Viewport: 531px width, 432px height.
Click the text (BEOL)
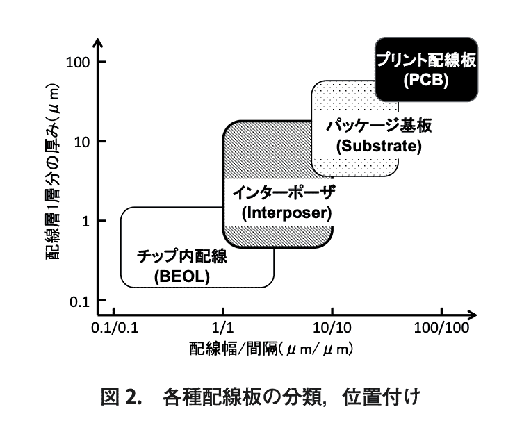pyautogui.click(x=182, y=278)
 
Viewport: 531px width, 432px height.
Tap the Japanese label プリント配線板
pyautogui.click(x=426, y=60)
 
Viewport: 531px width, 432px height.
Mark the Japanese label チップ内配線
pyautogui.click(x=182, y=258)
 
